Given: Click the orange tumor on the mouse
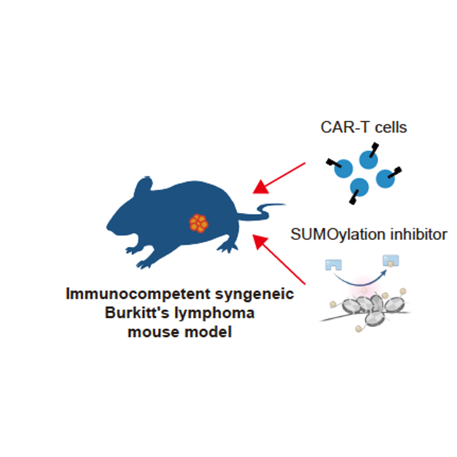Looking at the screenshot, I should (199, 223).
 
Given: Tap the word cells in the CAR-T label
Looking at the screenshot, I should (391, 127).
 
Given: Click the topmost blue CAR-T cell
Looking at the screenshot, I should (368, 160).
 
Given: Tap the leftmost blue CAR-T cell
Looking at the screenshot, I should (343, 169).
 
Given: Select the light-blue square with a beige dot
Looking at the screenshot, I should (391, 261).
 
